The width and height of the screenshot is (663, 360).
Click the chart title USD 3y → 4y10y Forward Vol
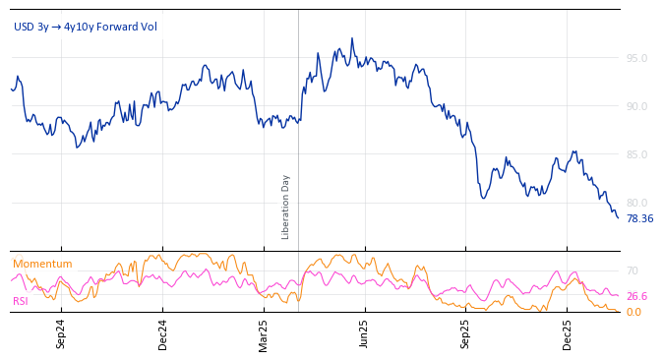pyautogui.click(x=85, y=27)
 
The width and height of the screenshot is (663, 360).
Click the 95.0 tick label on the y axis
pyautogui.click(x=636, y=58)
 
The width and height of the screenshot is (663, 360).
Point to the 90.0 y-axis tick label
pyautogui.click(x=636, y=106)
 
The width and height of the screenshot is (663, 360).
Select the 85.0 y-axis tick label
pyautogui.click(x=636, y=154)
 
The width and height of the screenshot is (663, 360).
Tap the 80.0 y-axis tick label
pyautogui.click(x=636, y=203)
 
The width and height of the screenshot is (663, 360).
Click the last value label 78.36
pyautogui.click(x=639, y=218)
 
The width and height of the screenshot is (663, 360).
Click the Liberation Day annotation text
pyautogui.click(x=286, y=207)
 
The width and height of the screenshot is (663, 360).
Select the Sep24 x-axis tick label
pyautogui.click(x=61, y=334)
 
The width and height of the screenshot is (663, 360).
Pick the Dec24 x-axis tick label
pyautogui.click(x=163, y=334)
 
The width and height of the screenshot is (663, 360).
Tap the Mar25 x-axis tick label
pyautogui.click(x=264, y=334)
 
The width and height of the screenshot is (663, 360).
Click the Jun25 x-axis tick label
pyautogui.click(x=365, y=334)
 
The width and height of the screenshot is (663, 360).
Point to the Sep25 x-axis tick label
pyautogui.click(x=466, y=334)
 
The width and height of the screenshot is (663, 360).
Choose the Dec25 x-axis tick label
pyautogui.click(x=568, y=334)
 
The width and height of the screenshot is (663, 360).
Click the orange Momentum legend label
pyautogui.click(x=42, y=264)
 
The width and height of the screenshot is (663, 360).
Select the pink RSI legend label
pyautogui.click(x=21, y=301)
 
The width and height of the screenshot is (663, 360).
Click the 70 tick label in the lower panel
pyautogui.click(x=633, y=270)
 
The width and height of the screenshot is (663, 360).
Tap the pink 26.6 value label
pyautogui.click(x=636, y=296)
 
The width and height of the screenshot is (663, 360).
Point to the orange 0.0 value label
pyautogui.click(x=633, y=312)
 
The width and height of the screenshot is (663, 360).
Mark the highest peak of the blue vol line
pyautogui.click(x=352, y=38)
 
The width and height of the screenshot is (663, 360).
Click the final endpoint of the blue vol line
pyautogui.click(x=618, y=217)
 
